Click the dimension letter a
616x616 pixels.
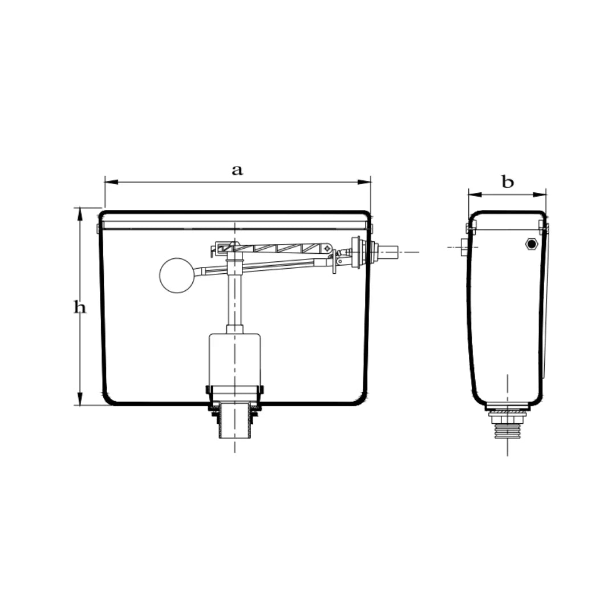click(x=237, y=171)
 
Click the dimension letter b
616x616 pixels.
click(x=508, y=182)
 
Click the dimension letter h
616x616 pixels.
click(x=80, y=307)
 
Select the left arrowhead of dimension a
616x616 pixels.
click(x=111, y=182)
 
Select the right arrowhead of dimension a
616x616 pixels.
click(x=364, y=182)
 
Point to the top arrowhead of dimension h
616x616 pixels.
click(x=80, y=214)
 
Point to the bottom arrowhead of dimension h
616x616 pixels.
click(x=80, y=398)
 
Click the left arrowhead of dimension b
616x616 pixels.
click(x=475, y=194)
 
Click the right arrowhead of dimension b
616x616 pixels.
click(x=540, y=194)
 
